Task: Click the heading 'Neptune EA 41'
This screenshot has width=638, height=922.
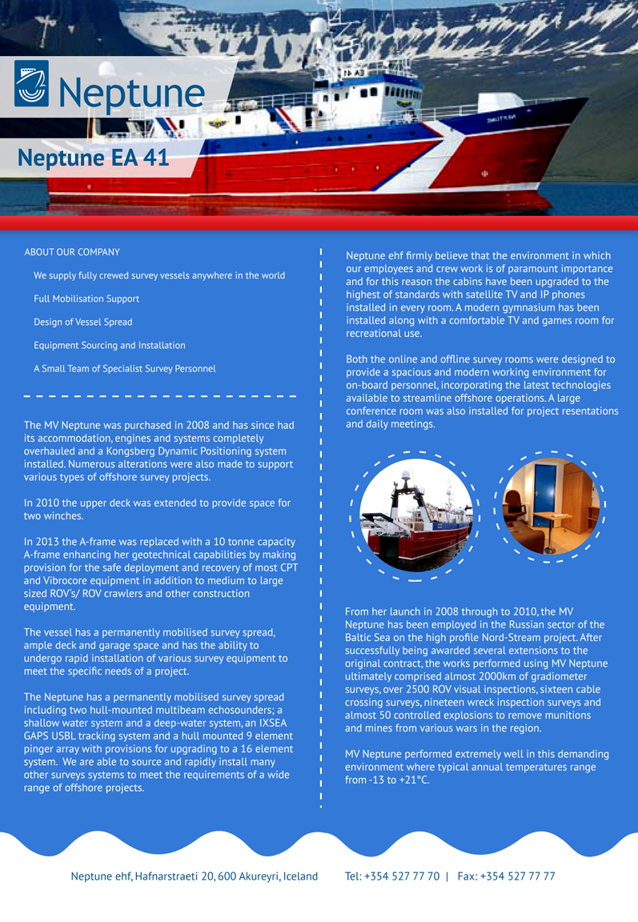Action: [93, 158]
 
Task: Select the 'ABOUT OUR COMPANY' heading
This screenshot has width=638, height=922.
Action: [72, 252]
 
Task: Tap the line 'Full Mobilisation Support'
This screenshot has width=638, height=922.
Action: [86, 299]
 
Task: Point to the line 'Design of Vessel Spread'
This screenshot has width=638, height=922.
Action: [83, 322]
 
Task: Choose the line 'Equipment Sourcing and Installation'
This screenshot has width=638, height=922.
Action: [110, 345]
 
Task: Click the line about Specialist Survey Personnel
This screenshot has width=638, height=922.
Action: [125, 369]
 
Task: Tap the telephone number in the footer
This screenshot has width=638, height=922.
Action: [392, 876]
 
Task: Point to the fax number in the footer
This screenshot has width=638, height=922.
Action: [506, 876]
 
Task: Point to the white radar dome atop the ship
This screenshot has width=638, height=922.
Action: [319, 25]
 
